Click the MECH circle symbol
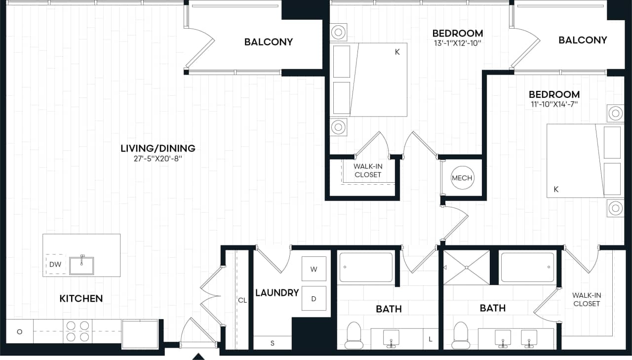pyautogui.click(x=462, y=178)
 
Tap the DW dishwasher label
pyautogui.click(x=55, y=265)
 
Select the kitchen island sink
pyautogui.click(x=81, y=265)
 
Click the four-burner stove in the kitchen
pyautogui.click(x=78, y=331)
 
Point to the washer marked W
pyautogui.click(x=314, y=269)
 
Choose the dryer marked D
pyautogui.click(x=314, y=298)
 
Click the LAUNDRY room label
pyautogui.click(x=277, y=293)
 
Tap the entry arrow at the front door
pyautogui.click(x=198, y=356)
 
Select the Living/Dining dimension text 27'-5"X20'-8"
pyautogui.click(x=158, y=160)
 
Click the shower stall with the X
pyautogui.click(x=467, y=268)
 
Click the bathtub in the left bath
pyautogui.click(x=366, y=267)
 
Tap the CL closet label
pyautogui.click(x=242, y=300)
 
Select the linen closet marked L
pyautogui.click(x=430, y=339)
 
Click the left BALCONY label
pyautogui.click(x=269, y=42)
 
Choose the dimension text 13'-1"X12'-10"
pyautogui.click(x=457, y=43)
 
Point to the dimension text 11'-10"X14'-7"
pyautogui.click(x=553, y=104)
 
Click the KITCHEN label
pyautogui.click(x=81, y=298)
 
